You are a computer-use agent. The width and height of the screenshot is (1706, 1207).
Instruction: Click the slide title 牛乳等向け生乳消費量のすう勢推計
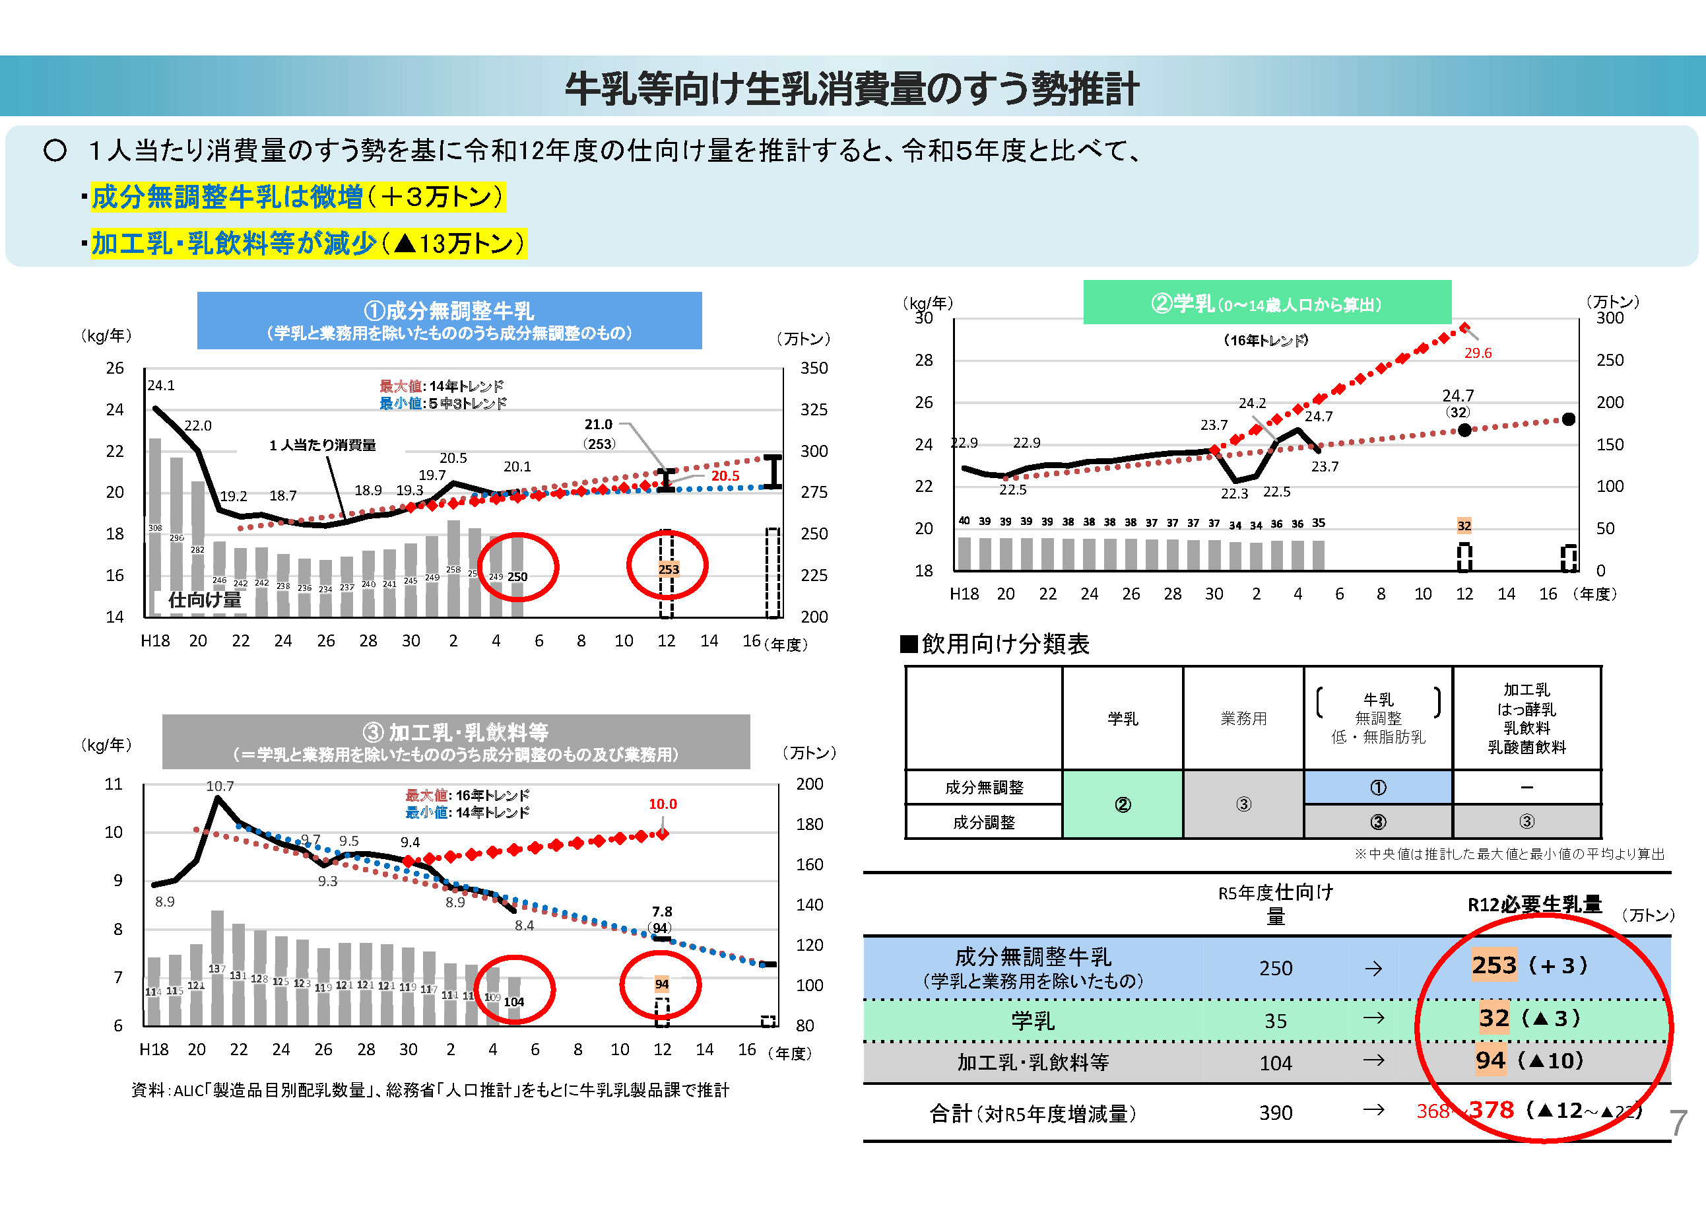click(x=851, y=88)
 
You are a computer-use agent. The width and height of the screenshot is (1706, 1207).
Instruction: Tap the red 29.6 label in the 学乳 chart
click(x=1477, y=353)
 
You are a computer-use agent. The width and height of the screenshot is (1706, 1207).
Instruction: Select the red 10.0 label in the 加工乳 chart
click(x=662, y=804)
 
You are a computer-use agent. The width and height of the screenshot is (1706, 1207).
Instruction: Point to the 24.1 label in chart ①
click(x=160, y=385)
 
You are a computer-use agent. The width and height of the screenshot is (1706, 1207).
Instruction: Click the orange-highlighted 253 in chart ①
click(x=668, y=569)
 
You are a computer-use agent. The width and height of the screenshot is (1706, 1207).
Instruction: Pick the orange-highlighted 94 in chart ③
click(x=661, y=984)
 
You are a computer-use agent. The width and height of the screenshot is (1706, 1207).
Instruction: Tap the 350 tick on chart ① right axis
click(x=814, y=368)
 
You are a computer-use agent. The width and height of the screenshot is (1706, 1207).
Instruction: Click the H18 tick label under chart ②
click(x=964, y=594)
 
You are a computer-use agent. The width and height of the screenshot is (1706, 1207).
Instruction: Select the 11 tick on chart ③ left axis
click(x=113, y=784)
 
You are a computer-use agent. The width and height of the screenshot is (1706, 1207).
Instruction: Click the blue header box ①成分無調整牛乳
click(x=449, y=320)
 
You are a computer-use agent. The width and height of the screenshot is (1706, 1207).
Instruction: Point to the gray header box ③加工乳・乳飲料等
click(x=455, y=741)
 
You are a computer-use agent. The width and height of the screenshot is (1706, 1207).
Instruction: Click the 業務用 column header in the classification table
click(x=1243, y=718)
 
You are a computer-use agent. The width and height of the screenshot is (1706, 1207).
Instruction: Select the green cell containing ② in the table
click(x=1122, y=804)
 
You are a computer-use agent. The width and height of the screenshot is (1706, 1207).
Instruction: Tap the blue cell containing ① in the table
click(x=1377, y=787)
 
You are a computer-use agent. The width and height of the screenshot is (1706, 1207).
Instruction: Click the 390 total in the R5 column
click(x=1275, y=1113)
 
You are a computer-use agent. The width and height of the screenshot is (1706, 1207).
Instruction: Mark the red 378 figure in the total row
click(x=1492, y=1110)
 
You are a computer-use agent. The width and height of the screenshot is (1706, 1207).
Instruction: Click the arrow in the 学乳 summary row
click(x=1373, y=1018)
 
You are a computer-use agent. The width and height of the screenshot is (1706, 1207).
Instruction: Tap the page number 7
click(x=1678, y=1122)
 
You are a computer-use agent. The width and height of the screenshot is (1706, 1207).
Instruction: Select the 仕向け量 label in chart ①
click(x=205, y=600)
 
